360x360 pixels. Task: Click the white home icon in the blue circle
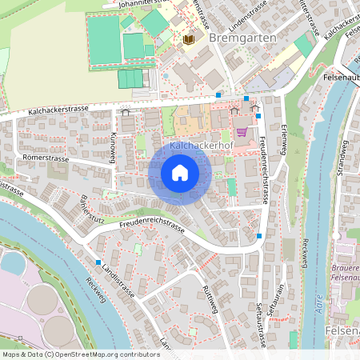pos(180,173)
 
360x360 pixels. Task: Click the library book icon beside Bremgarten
pos(189,38)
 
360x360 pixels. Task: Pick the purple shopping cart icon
pos(242,132)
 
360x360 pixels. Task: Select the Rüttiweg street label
pos(211,301)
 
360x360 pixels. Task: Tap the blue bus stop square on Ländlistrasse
pos(98,262)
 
